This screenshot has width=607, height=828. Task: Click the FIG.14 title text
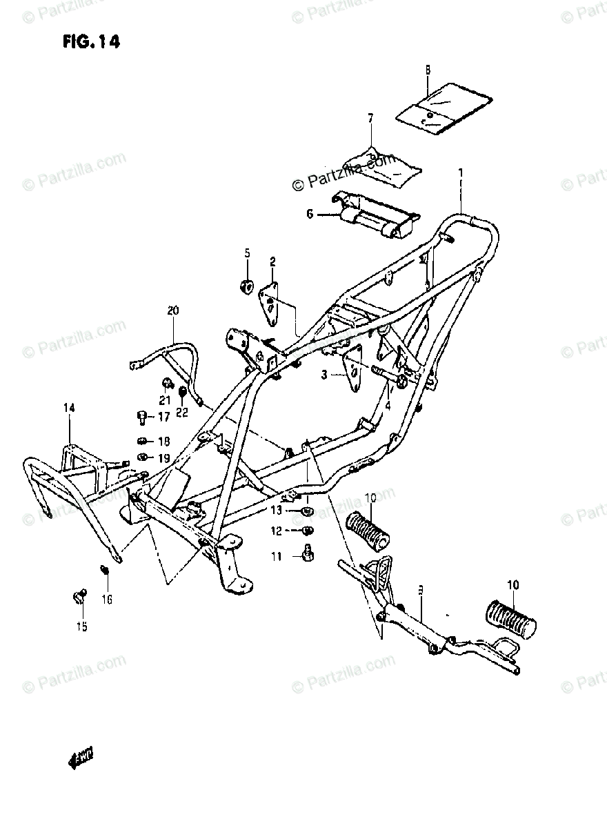pyautogui.click(x=91, y=42)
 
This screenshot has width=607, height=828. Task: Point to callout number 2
pyautogui.click(x=272, y=262)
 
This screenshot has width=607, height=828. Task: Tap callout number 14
pyautogui.click(x=69, y=408)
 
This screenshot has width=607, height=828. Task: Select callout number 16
pyautogui.click(x=107, y=599)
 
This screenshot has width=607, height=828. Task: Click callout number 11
pyautogui.click(x=277, y=556)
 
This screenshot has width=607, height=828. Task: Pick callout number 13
pyautogui.click(x=277, y=511)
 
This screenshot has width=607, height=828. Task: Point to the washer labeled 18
pyautogui.click(x=142, y=441)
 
